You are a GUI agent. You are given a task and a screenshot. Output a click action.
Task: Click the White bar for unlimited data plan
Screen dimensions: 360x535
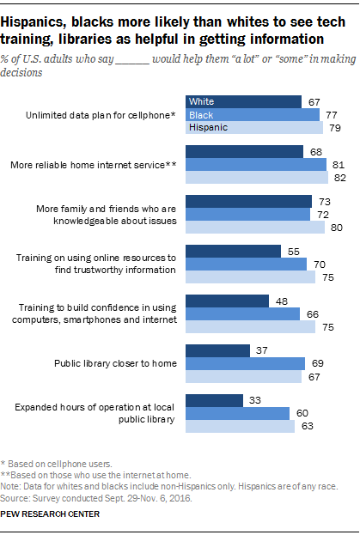pyautogui.click(x=243, y=101)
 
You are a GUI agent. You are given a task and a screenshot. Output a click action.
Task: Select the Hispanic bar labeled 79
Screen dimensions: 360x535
pyautogui.click(x=254, y=128)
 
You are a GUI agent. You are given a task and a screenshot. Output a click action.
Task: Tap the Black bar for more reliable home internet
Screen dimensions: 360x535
pyautogui.click(x=256, y=165)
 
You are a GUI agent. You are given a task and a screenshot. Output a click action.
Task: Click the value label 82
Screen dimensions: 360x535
pyautogui.click(x=340, y=178)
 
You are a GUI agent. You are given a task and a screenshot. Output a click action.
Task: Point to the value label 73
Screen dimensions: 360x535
pyautogui.click(x=325, y=202)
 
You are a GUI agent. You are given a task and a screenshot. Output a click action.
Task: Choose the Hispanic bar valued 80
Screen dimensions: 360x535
pyautogui.click(x=255, y=228)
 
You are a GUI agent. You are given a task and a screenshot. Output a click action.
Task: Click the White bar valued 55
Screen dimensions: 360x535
pyautogui.click(x=233, y=252)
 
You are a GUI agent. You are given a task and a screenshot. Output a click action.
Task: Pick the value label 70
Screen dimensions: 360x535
pyautogui.click(x=320, y=264)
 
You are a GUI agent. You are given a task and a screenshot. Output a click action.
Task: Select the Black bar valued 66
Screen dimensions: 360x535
pyautogui.click(x=242, y=314)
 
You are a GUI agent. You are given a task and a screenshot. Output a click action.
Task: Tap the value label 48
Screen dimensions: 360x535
pyautogui.click(x=282, y=301)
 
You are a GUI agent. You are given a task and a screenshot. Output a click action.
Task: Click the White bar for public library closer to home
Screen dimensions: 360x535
pyautogui.click(x=217, y=350)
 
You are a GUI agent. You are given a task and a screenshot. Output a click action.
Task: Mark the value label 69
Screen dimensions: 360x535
pyautogui.click(x=318, y=363)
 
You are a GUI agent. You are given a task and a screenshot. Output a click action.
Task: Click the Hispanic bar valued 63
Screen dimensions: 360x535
pyautogui.click(x=240, y=427)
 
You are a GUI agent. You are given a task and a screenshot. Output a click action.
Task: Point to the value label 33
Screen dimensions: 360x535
pyautogui.click(x=255, y=400)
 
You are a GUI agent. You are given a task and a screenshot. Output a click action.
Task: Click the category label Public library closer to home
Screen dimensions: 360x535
pyautogui.click(x=115, y=363)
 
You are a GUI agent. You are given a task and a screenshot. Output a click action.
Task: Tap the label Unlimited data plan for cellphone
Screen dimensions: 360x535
pyautogui.click(x=101, y=115)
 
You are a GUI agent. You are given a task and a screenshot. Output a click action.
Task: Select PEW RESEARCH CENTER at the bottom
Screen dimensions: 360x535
pyautogui.click(x=50, y=514)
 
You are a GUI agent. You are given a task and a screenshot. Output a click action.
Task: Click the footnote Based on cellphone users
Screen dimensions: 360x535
pyautogui.click(x=57, y=464)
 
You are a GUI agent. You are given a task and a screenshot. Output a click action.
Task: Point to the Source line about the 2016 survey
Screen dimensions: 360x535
pyautogui.click(x=96, y=498)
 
